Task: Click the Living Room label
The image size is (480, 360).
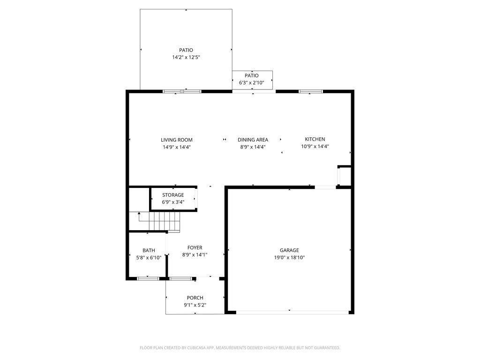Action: (x=177, y=140)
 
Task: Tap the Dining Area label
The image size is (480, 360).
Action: (x=253, y=140)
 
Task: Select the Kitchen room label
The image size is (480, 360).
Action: (x=315, y=139)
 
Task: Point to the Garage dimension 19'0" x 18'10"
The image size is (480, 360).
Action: (x=289, y=257)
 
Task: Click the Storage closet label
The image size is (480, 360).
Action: (x=173, y=195)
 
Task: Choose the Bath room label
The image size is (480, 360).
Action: (x=149, y=250)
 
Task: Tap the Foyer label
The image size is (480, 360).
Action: (x=195, y=247)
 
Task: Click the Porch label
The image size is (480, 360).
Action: (x=195, y=298)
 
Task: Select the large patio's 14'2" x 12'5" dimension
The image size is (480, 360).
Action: (x=186, y=57)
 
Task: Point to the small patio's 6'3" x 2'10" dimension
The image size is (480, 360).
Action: (x=252, y=82)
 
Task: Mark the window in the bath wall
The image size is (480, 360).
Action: (x=148, y=278)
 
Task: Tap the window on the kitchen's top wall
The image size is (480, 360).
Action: (x=310, y=91)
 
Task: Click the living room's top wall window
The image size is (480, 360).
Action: (x=182, y=91)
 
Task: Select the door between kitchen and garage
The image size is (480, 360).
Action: (x=325, y=187)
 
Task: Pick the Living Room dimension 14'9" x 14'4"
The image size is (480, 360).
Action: (x=177, y=147)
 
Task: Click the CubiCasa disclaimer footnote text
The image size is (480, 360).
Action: (x=240, y=348)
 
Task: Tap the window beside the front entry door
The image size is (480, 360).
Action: (x=180, y=278)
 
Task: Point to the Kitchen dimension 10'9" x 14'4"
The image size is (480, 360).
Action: (x=315, y=146)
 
